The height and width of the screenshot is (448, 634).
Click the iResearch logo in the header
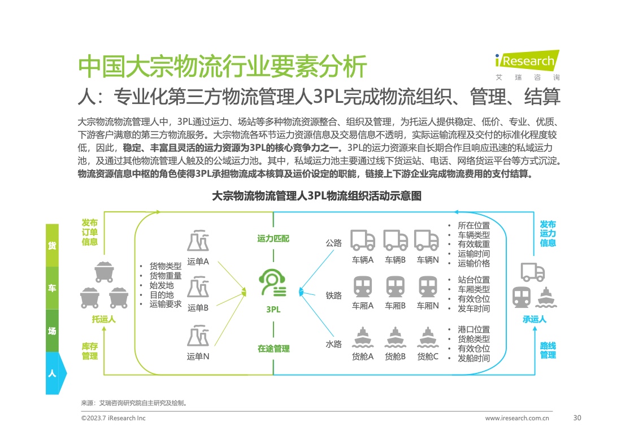(x=525, y=60)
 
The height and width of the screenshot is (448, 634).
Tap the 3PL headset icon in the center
(x=273, y=283)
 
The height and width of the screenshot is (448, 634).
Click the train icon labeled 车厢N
(x=428, y=286)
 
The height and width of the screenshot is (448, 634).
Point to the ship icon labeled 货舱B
(x=396, y=338)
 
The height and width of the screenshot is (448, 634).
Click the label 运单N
(x=198, y=356)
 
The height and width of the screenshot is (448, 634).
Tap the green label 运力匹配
(x=273, y=239)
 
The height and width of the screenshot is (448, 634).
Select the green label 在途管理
(x=273, y=349)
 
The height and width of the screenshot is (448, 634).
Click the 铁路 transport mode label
(x=333, y=295)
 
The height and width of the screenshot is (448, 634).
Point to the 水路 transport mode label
(x=333, y=344)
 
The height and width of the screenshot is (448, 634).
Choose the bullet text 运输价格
(x=474, y=263)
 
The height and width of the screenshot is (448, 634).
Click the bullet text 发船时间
(x=474, y=358)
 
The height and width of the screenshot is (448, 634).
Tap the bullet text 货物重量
(x=165, y=276)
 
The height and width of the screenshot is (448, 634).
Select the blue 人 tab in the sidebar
(x=53, y=373)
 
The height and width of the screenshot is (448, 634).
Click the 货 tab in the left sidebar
(x=52, y=245)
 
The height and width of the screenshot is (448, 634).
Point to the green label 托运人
(x=103, y=319)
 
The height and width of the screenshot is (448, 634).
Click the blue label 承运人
(x=534, y=319)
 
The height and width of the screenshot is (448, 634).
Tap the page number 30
(x=577, y=418)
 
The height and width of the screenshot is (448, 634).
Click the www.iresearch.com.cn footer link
(x=517, y=419)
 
